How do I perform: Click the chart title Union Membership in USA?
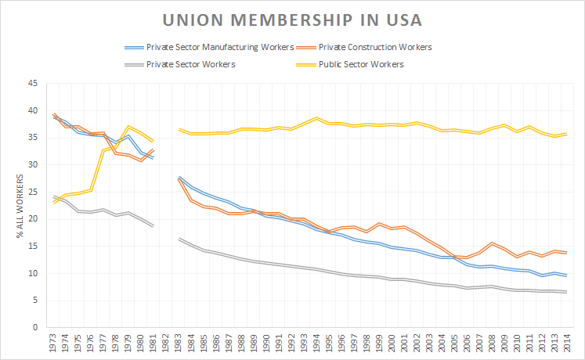tap(291, 18)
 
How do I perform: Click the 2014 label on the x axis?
tap(565, 343)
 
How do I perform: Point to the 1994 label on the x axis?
tap(316, 343)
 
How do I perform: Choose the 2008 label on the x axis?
tap(491, 343)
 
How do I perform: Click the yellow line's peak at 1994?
tap(316, 118)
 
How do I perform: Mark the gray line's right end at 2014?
tap(565, 292)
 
